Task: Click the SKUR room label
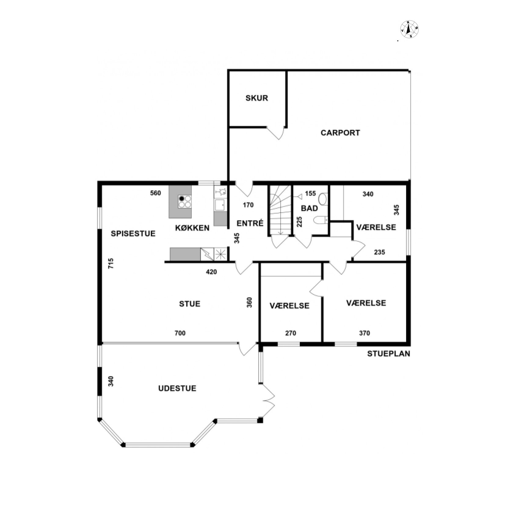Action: (256, 98)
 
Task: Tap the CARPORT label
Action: (340, 133)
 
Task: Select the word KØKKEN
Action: (192, 228)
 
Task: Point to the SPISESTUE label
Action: (133, 234)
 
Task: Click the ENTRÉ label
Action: (250, 223)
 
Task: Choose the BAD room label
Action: (309, 209)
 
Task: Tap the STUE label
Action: (190, 304)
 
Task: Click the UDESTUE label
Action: (177, 388)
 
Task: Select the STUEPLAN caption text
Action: (389, 354)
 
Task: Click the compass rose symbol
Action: (409, 29)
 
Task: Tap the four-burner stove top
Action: (185, 202)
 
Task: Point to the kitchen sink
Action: (220, 205)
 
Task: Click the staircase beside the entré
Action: (279, 215)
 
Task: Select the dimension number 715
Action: (111, 263)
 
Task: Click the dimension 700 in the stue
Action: (180, 333)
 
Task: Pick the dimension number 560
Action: (155, 193)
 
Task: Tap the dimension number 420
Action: (211, 272)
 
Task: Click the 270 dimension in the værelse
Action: (291, 333)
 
